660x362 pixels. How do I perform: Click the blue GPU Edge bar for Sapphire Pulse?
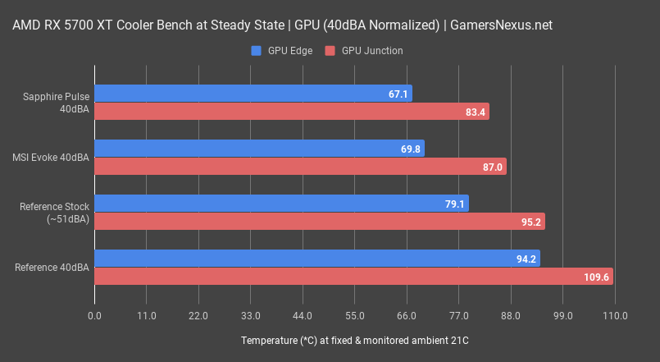click(x=253, y=94)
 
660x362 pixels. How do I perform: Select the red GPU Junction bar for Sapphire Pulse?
click(x=291, y=112)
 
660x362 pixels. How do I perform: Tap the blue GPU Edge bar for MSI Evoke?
click(x=259, y=149)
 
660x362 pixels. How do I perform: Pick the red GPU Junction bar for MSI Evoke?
click(x=300, y=167)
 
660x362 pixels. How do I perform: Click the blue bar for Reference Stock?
click(x=281, y=204)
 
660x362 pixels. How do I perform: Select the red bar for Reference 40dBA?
click(x=353, y=277)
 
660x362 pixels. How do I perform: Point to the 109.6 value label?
click(x=595, y=277)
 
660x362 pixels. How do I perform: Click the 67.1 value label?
click(x=398, y=94)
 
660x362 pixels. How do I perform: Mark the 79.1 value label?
click(x=455, y=204)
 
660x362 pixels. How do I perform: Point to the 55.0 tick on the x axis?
click(x=354, y=316)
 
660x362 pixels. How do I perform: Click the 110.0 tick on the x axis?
click(x=614, y=316)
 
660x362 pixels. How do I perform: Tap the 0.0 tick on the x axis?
click(x=94, y=316)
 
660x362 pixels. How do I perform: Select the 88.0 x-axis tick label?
click(x=510, y=316)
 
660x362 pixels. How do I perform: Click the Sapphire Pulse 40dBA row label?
click(x=56, y=103)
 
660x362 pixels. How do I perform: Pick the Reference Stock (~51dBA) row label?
click(x=54, y=213)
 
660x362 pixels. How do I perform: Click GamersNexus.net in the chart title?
click(x=502, y=25)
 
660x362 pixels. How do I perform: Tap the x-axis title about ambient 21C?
click(x=354, y=340)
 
